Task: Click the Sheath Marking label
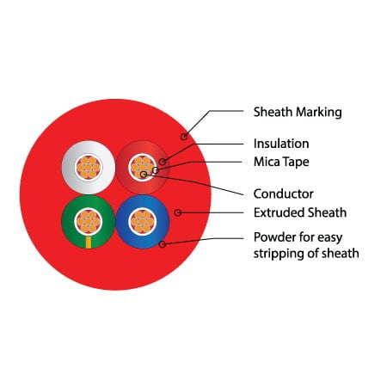point(298,112)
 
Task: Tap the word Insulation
point(281,144)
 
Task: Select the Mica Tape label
point(281,162)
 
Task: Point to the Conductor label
point(283,194)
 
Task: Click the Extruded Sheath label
point(300,212)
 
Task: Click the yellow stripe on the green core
point(89,243)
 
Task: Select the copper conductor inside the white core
point(89,168)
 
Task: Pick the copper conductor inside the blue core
point(142,222)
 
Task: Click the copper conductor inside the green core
point(89,222)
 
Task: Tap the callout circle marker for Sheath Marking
point(184,137)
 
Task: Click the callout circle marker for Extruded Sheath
point(178,212)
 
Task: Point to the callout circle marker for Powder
point(163,244)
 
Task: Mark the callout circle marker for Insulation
point(163,162)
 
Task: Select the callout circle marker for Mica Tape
point(156,170)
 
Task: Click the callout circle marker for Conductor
point(144,174)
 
